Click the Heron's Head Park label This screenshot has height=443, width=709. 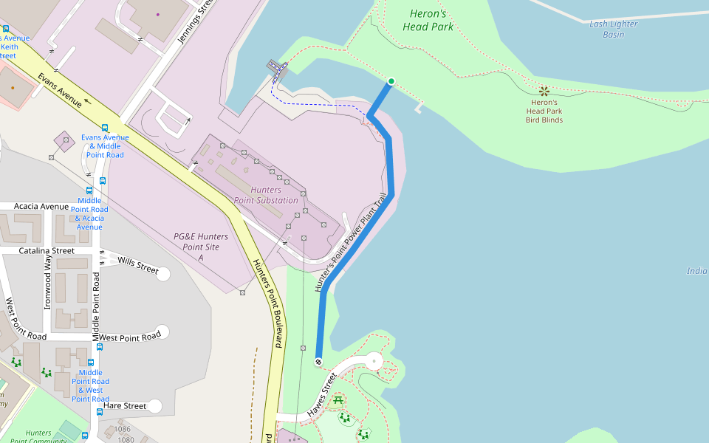click(428, 20)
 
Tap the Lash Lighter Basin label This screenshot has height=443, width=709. click(613, 29)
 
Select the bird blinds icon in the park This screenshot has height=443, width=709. click(544, 91)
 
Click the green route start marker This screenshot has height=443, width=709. click(391, 81)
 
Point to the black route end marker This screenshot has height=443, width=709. click(318, 361)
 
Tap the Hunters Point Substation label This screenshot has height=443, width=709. click(266, 195)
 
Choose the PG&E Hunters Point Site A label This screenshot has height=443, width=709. click(200, 247)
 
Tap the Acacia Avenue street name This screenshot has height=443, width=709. click(41, 206)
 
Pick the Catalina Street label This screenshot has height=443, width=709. click(47, 251)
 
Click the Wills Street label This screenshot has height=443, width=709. click(137, 265)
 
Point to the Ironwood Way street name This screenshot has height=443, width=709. click(48, 281)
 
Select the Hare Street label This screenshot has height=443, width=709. click(125, 405)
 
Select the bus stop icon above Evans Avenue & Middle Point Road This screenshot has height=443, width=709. click(105, 127)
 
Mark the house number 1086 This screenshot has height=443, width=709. click(122, 429)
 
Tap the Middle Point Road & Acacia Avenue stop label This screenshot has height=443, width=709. click(89, 213)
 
